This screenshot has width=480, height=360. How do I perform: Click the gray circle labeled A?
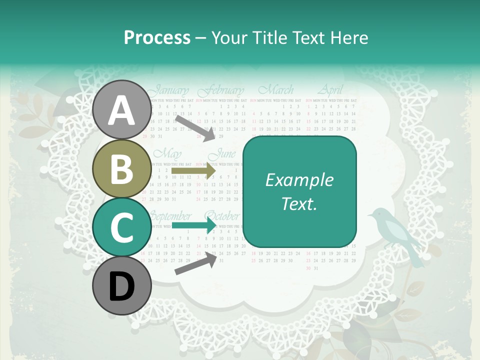click(122, 110)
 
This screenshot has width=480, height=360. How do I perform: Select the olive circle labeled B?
click(122, 168)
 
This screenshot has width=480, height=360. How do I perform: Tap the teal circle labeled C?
click(122, 227)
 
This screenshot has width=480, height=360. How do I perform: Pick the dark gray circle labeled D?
click(122, 285)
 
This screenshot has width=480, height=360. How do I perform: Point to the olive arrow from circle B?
click(193, 171)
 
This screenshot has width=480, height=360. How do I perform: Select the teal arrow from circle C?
click(193, 225)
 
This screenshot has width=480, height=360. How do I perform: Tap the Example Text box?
click(299, 191)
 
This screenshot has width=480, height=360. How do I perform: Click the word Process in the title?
click(157, 37)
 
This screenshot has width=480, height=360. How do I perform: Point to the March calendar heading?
click(275, 90)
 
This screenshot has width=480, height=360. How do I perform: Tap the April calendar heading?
click(330, 90)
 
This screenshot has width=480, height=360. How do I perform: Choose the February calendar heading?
click(220, 91)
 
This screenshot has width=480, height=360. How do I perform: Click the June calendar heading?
click(223, 154)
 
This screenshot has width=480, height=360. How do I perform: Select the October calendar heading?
click(222, 216)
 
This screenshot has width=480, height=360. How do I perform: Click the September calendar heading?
click(171, 216)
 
